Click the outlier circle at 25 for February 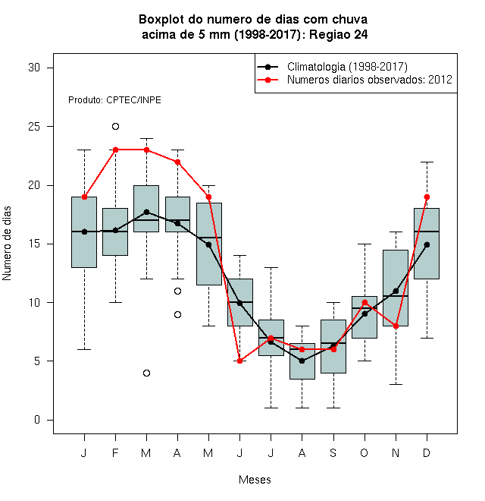click(x=115, y=127)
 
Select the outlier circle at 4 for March click(x=146, y=373)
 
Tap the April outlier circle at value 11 click(x=178, y=291)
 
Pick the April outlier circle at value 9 click(x=178, y=315)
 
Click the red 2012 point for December click(x=427, y=197)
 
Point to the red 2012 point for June click(x=240, y=361)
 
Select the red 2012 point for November click(x=396, y=326)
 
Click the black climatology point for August click(x=302, y=361)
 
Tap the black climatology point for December click(x=427, y=244)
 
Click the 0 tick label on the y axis click(x=37, y=420)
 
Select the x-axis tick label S click(x=333, y=452)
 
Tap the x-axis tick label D click(x=427, y=452)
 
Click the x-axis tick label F click(x=115, y=452)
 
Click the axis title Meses click(x=255, y=480)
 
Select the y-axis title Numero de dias click(x=7, y=244)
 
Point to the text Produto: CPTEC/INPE click(x=114, y=100)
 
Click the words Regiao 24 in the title click(x=339, y=34)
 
